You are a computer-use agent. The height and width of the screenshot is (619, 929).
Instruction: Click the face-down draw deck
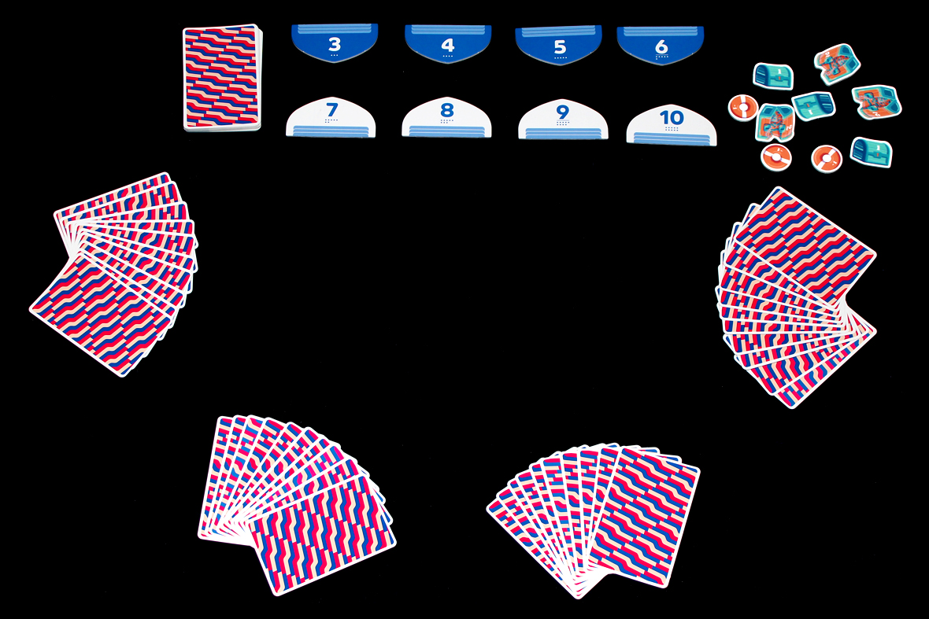(220, 77)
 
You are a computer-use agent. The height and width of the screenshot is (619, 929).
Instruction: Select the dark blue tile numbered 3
(334, 43)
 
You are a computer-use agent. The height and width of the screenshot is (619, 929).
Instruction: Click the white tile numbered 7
(331, 117)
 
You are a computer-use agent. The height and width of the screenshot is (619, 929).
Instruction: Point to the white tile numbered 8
(446, 118)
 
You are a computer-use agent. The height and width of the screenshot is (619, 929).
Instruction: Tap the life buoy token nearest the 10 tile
(742, 106)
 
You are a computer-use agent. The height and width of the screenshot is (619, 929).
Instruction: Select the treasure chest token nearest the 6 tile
(773, 76)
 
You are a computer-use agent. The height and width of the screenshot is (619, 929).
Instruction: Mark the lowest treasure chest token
(871, 151)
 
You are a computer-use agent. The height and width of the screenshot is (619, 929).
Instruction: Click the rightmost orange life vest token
(875, 101)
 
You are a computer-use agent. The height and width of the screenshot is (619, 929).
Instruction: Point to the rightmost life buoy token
(827, 157)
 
